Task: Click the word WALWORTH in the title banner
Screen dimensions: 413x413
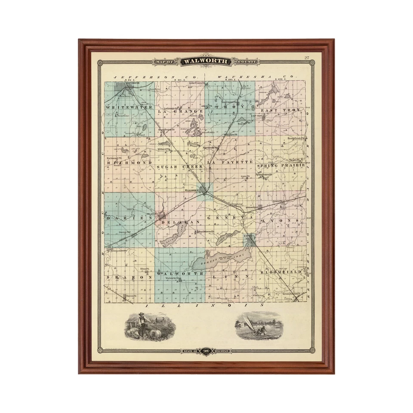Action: point(206,62)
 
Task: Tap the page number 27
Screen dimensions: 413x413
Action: point(307,58)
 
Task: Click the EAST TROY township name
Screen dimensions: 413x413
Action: point(283,111)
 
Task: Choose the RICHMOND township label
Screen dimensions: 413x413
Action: point(129,163)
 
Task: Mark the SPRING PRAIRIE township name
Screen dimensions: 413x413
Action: point(281,165)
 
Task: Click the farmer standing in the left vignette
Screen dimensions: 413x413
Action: point(142,323)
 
